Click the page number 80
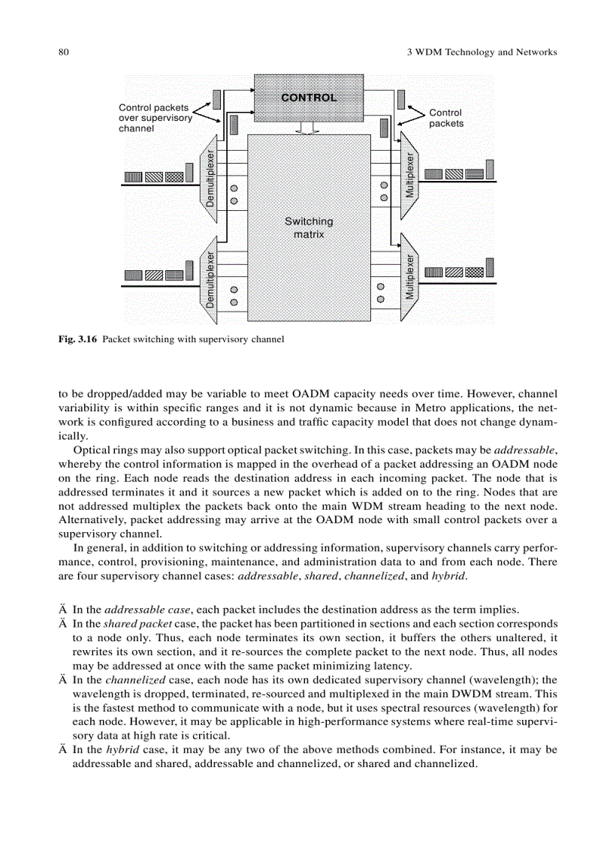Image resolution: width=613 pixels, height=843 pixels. pyautogui.click(x=63, y=52)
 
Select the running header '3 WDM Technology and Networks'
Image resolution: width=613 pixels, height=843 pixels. pyautogui.click(x=476, y=52)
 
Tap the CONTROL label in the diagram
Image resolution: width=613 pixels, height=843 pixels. pyautogui.click(x=309, y=97)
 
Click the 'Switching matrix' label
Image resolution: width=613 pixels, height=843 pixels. pyautogui.click(x=309, y=227)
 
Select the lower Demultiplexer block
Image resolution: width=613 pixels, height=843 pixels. pyautogui.click(x=210, y=278)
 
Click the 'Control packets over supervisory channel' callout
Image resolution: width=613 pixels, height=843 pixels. pyautogui.click(x=155, y=118)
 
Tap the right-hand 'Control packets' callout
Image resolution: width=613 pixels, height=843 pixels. pyautogui.click(x=445, y=118)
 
